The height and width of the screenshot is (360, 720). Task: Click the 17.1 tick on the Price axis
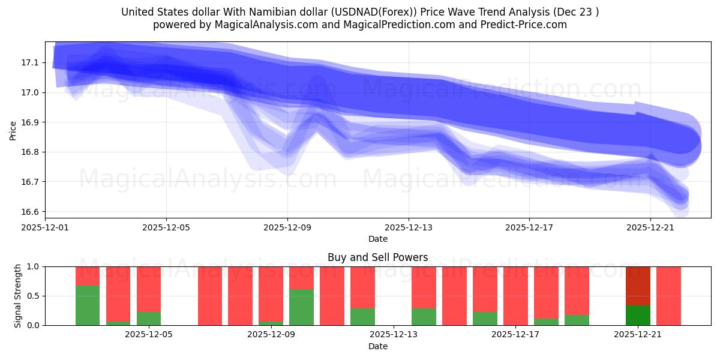click(30, 62)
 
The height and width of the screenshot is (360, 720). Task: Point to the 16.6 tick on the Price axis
click(30, 212)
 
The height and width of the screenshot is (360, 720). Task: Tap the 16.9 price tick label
click(30, 122)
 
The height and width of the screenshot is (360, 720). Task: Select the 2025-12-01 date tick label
click(45, 227)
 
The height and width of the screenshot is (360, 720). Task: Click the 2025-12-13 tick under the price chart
click(409, 227)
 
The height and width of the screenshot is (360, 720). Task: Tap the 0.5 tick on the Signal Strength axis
click(33, 296)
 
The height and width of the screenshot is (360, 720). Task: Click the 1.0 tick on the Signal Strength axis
click(33, 266)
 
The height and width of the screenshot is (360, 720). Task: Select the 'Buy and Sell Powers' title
click(377, 257)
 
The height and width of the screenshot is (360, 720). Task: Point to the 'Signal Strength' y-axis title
click(18, 296)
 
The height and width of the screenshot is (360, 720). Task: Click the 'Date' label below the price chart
click(377, 239)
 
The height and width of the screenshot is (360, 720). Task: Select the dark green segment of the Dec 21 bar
click(638, 315)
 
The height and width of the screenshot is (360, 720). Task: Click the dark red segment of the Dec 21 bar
click(638, 286)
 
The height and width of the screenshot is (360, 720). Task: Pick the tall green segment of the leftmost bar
click(88, 305)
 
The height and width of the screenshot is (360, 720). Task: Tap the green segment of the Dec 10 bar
click(301, 307)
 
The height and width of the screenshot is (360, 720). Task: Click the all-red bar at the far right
click(668, 296)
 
